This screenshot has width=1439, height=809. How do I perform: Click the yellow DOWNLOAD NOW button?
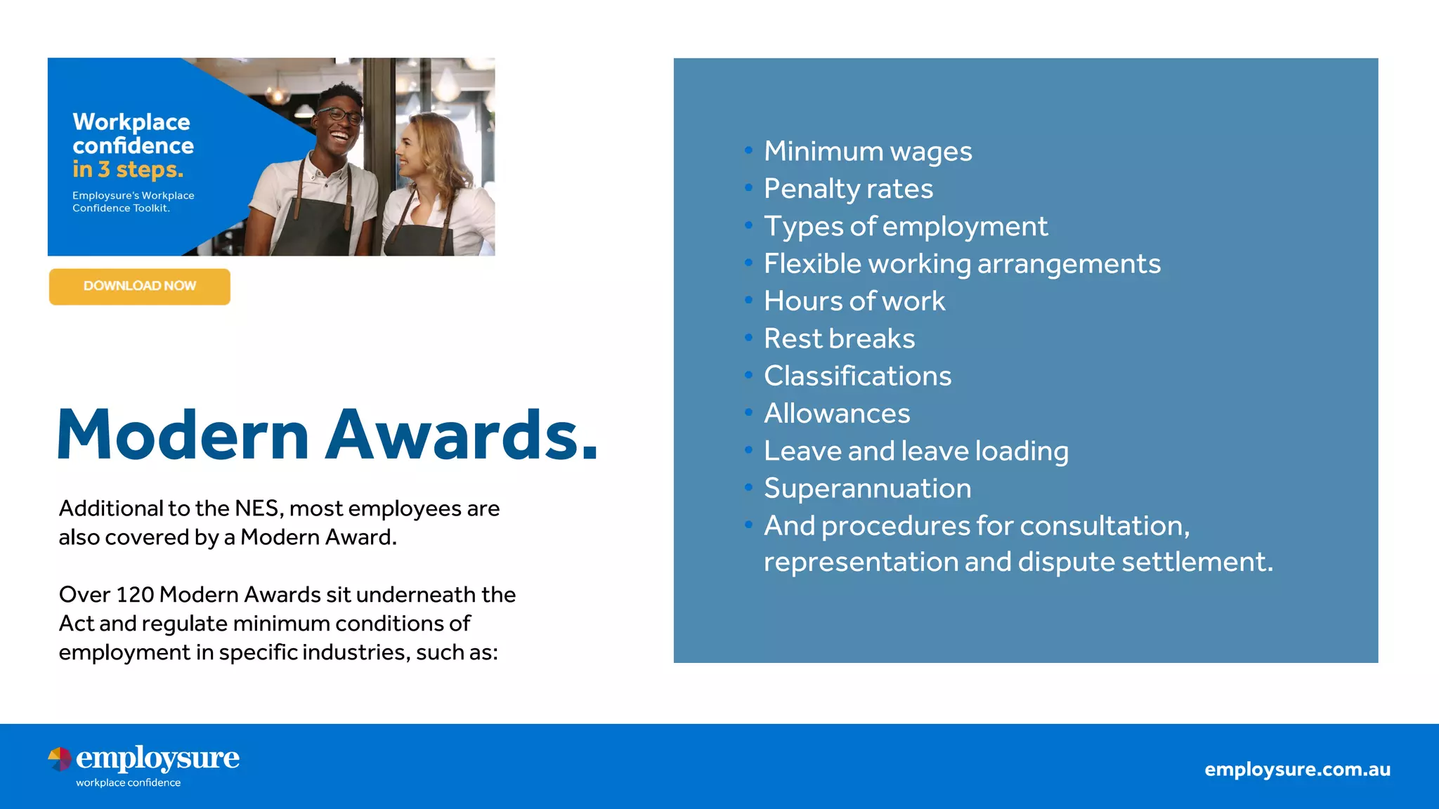click(139, 287)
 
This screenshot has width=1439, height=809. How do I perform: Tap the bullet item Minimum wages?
click(868, 152)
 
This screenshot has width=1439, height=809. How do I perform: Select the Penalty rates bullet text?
click(848, 189)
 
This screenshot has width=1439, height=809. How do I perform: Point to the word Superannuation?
click(867, 489)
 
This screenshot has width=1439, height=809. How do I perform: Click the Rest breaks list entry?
click(839, 339)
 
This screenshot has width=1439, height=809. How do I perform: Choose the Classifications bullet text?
click(857, 376)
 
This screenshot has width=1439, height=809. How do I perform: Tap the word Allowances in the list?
click(836, 414)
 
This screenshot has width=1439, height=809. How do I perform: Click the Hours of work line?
click(854, 301)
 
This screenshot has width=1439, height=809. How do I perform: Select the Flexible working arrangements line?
click(962, 264)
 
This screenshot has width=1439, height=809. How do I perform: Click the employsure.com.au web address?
click(1297, 770)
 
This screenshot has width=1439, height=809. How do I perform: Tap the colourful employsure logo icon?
click(60, 759)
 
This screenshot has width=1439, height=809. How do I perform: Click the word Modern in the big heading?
click(183, 435)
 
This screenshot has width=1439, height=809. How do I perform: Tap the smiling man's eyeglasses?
click(340, 114)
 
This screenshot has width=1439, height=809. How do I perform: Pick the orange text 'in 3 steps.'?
click(127, 169)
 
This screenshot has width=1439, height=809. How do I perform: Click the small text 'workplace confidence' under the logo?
click(128, 783)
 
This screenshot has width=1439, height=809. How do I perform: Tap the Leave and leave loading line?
click(916, 452)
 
